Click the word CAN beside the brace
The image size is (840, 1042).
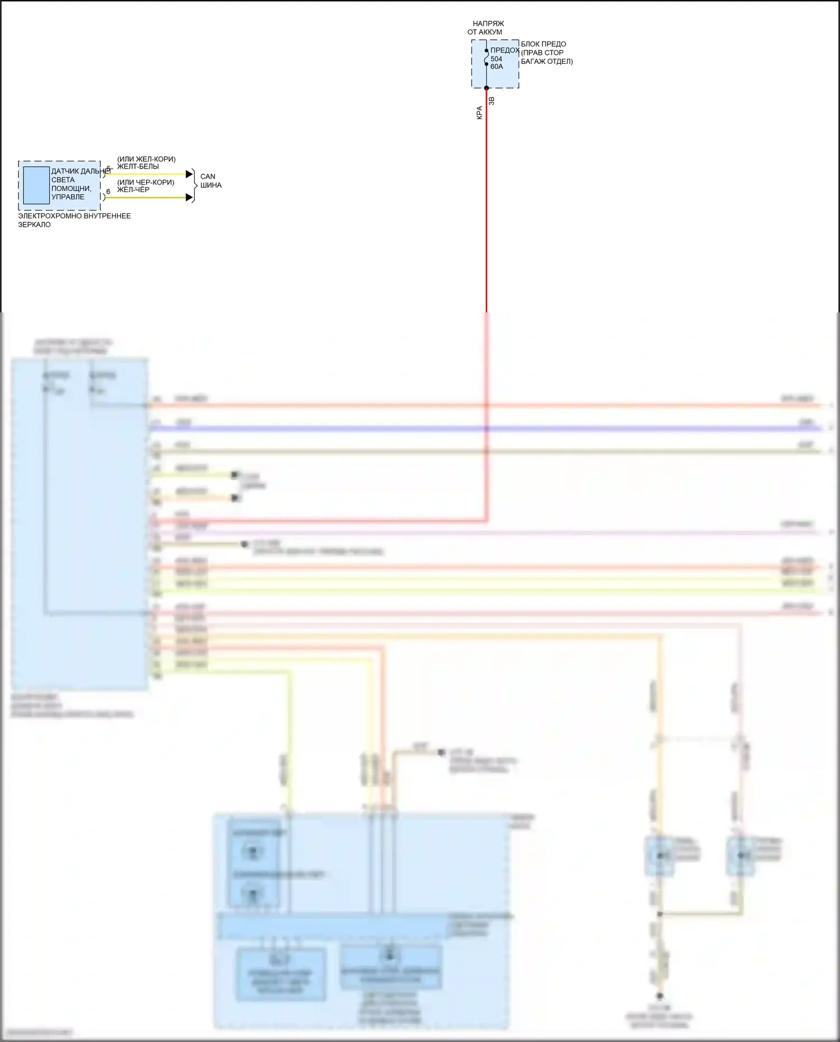click(207, 176)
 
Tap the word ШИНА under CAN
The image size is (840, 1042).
click(211, 185)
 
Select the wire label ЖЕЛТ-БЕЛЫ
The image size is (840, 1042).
click(138, 166)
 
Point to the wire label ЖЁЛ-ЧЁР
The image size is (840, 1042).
click(133, 190)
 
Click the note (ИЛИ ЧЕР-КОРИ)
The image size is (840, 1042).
click(146, 183)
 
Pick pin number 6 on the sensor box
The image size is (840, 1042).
click(108, 192)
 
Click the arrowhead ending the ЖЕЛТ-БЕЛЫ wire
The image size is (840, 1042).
click(189, 174)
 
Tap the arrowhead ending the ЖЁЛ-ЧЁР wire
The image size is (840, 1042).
click(189, 197)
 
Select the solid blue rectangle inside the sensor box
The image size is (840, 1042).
click(36, 185)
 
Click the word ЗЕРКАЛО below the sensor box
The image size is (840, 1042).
click(34, 225)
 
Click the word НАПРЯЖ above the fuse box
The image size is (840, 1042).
click(488, 24)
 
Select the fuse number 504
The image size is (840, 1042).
click(496, 59)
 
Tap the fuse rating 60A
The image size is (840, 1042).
click(497, 67)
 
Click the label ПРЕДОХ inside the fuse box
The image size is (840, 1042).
click(505, 50)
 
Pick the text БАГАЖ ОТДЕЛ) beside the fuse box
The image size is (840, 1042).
click(547, 62)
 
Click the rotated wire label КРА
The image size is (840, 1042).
click(479, 113)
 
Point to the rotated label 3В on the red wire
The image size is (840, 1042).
click(492, 101)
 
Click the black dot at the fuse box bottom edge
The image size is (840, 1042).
click(486, 88)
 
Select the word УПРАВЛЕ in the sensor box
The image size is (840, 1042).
click(68, 197)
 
